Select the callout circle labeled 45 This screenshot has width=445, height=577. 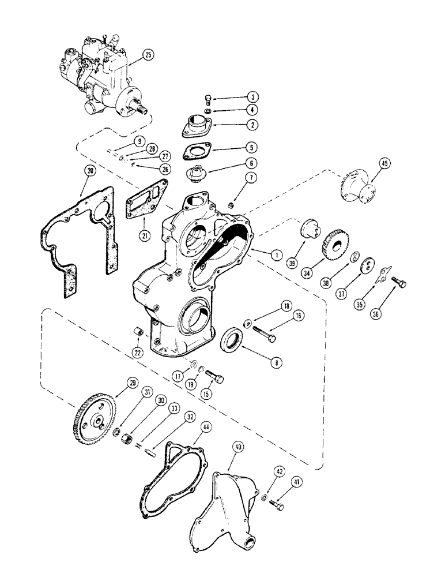pos(385,164)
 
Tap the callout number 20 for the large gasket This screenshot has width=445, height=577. pos(88,170)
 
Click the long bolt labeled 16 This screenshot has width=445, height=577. pos(262,333)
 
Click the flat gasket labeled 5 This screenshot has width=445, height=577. pos(197,151)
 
